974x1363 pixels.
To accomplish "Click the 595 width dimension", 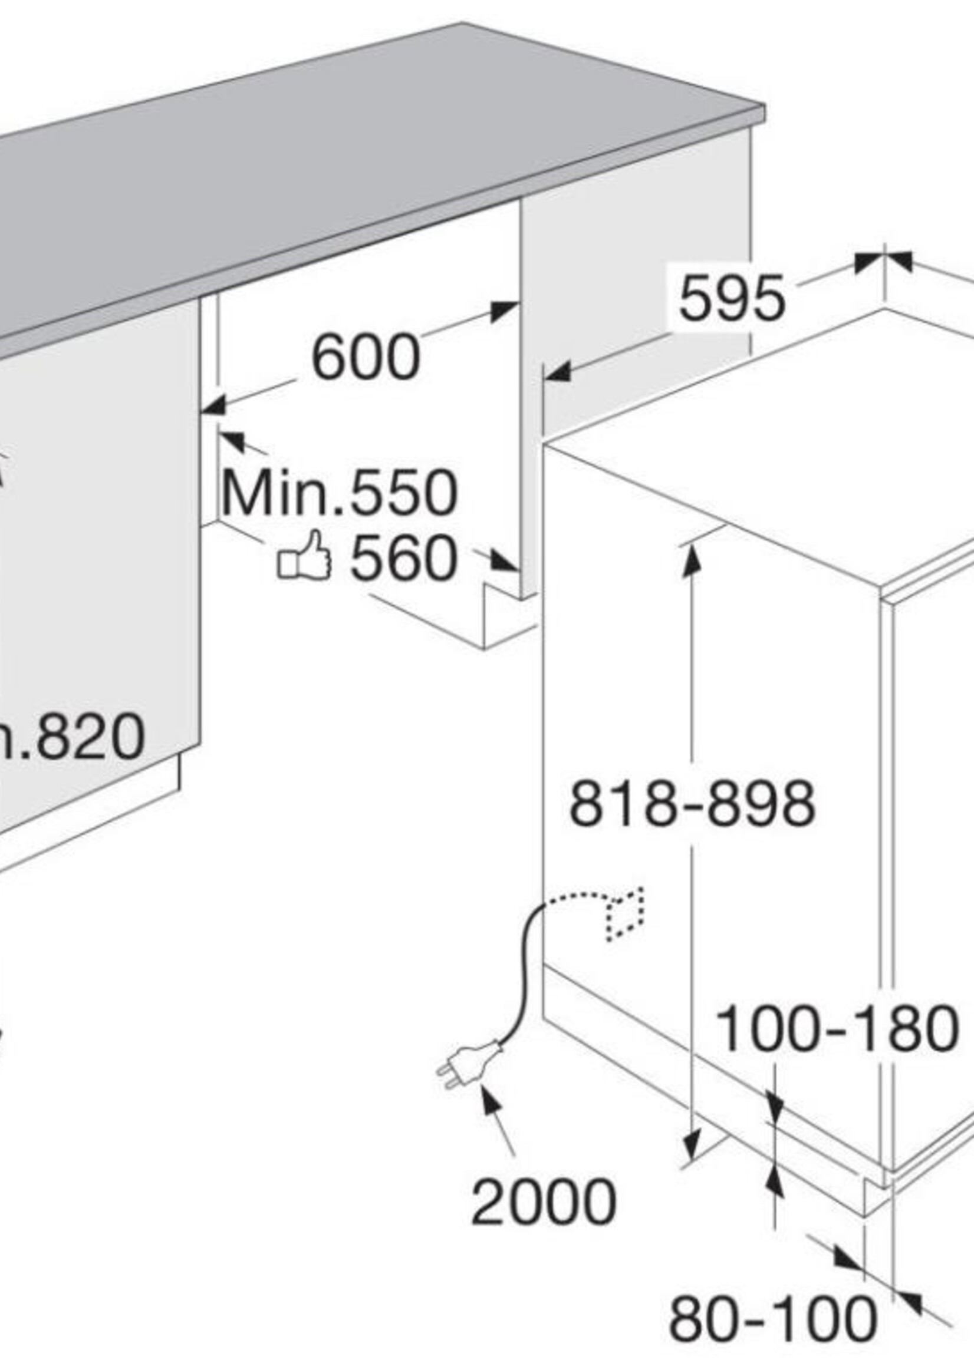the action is pos(731,298).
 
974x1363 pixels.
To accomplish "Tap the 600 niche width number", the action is pos(366,358).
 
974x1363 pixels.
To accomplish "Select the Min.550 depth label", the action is pos(339,493).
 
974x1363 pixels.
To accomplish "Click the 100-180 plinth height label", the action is pos(837,1028).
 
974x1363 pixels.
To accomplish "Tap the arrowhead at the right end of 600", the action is pos(504,311).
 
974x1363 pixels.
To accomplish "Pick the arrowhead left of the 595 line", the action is pos(558,373).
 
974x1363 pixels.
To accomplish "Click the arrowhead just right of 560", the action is pos(504,561).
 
